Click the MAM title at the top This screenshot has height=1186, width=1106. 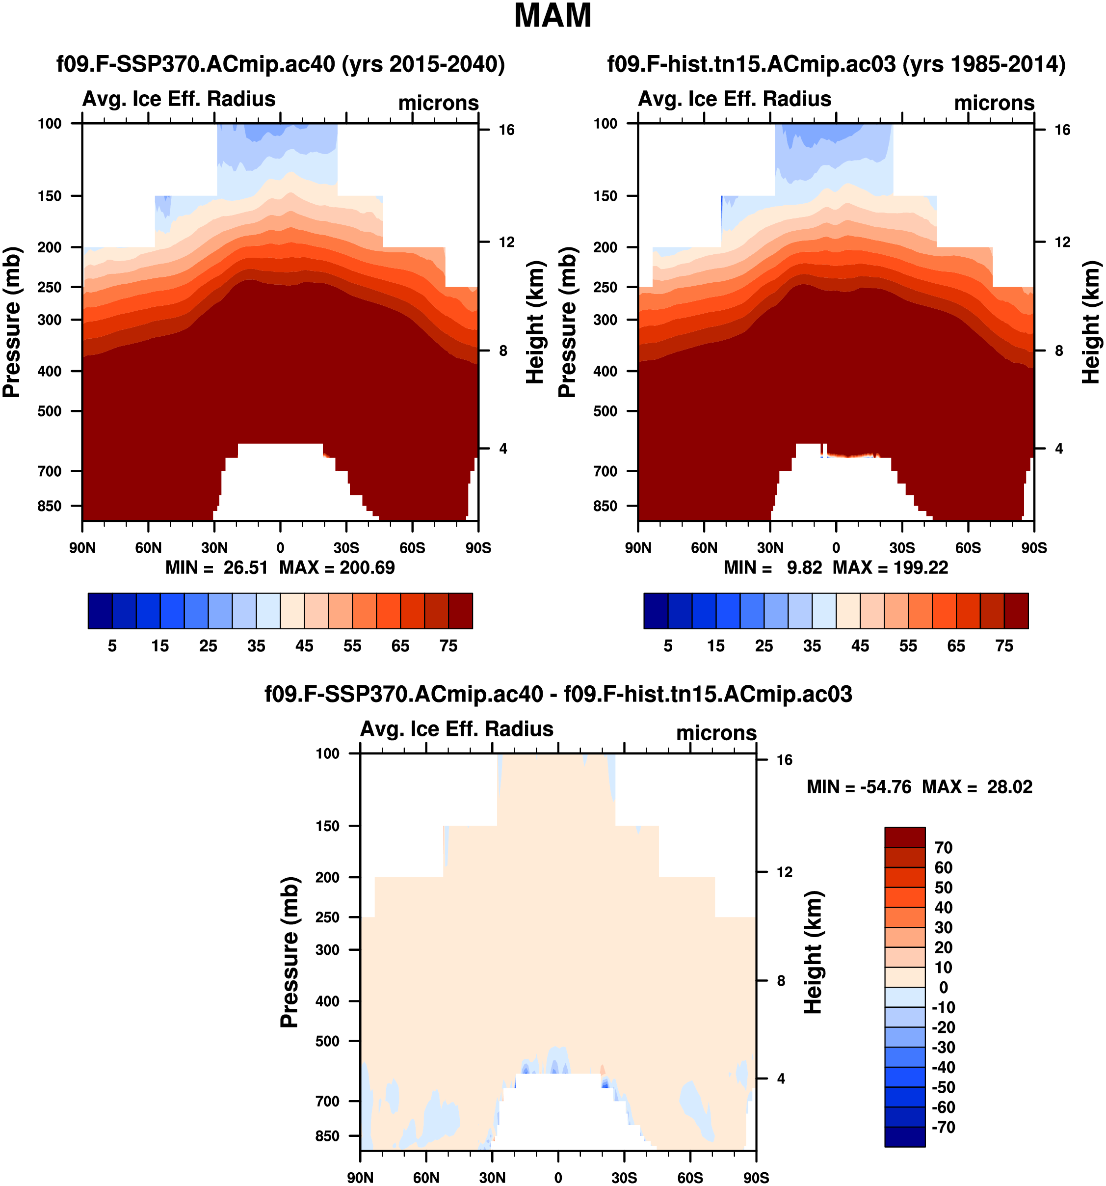point(552,16)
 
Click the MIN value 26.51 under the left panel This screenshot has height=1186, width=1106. point(245,567)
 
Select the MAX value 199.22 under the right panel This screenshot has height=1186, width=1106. point(921,567)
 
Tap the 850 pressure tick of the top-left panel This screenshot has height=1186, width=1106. point(50,506)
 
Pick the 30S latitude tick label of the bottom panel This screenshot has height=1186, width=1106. point(624,1178)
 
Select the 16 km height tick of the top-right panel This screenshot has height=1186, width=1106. point(1062,130)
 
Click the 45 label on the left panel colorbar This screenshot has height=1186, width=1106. point(304,646)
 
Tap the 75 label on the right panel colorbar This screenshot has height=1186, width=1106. point(1004,646)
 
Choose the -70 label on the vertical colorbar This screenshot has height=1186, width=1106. point(943,1127)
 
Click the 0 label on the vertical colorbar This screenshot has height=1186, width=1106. point(943,987)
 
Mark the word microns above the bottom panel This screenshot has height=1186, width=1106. point(715,732)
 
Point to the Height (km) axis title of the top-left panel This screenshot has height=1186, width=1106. point(535,322)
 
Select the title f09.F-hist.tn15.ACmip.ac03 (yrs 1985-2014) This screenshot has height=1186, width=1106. point(836,64)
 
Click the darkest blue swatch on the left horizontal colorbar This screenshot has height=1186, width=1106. point(100,611)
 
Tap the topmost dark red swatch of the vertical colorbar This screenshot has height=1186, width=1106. point(904,837)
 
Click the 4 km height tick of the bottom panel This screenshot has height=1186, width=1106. point(781,1078)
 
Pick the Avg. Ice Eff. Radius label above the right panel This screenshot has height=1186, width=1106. point(735,99)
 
